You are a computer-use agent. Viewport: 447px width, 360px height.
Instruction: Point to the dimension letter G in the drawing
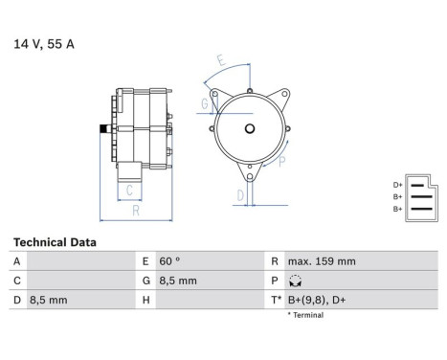tap(204, 102)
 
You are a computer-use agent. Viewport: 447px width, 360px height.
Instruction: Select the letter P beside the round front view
tap(281, 161)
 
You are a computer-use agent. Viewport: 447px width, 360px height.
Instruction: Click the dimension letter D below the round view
tap(239, 195)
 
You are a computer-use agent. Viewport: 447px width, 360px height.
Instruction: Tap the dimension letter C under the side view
tap(129, 190)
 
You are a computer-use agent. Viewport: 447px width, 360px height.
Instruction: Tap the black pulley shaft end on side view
tap(101, 127)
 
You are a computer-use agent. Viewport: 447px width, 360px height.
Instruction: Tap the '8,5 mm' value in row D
tap(48, 301)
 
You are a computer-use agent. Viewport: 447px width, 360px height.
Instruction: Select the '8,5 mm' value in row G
tap(178, 281)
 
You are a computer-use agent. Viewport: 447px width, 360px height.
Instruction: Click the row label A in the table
tap(15, 261)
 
